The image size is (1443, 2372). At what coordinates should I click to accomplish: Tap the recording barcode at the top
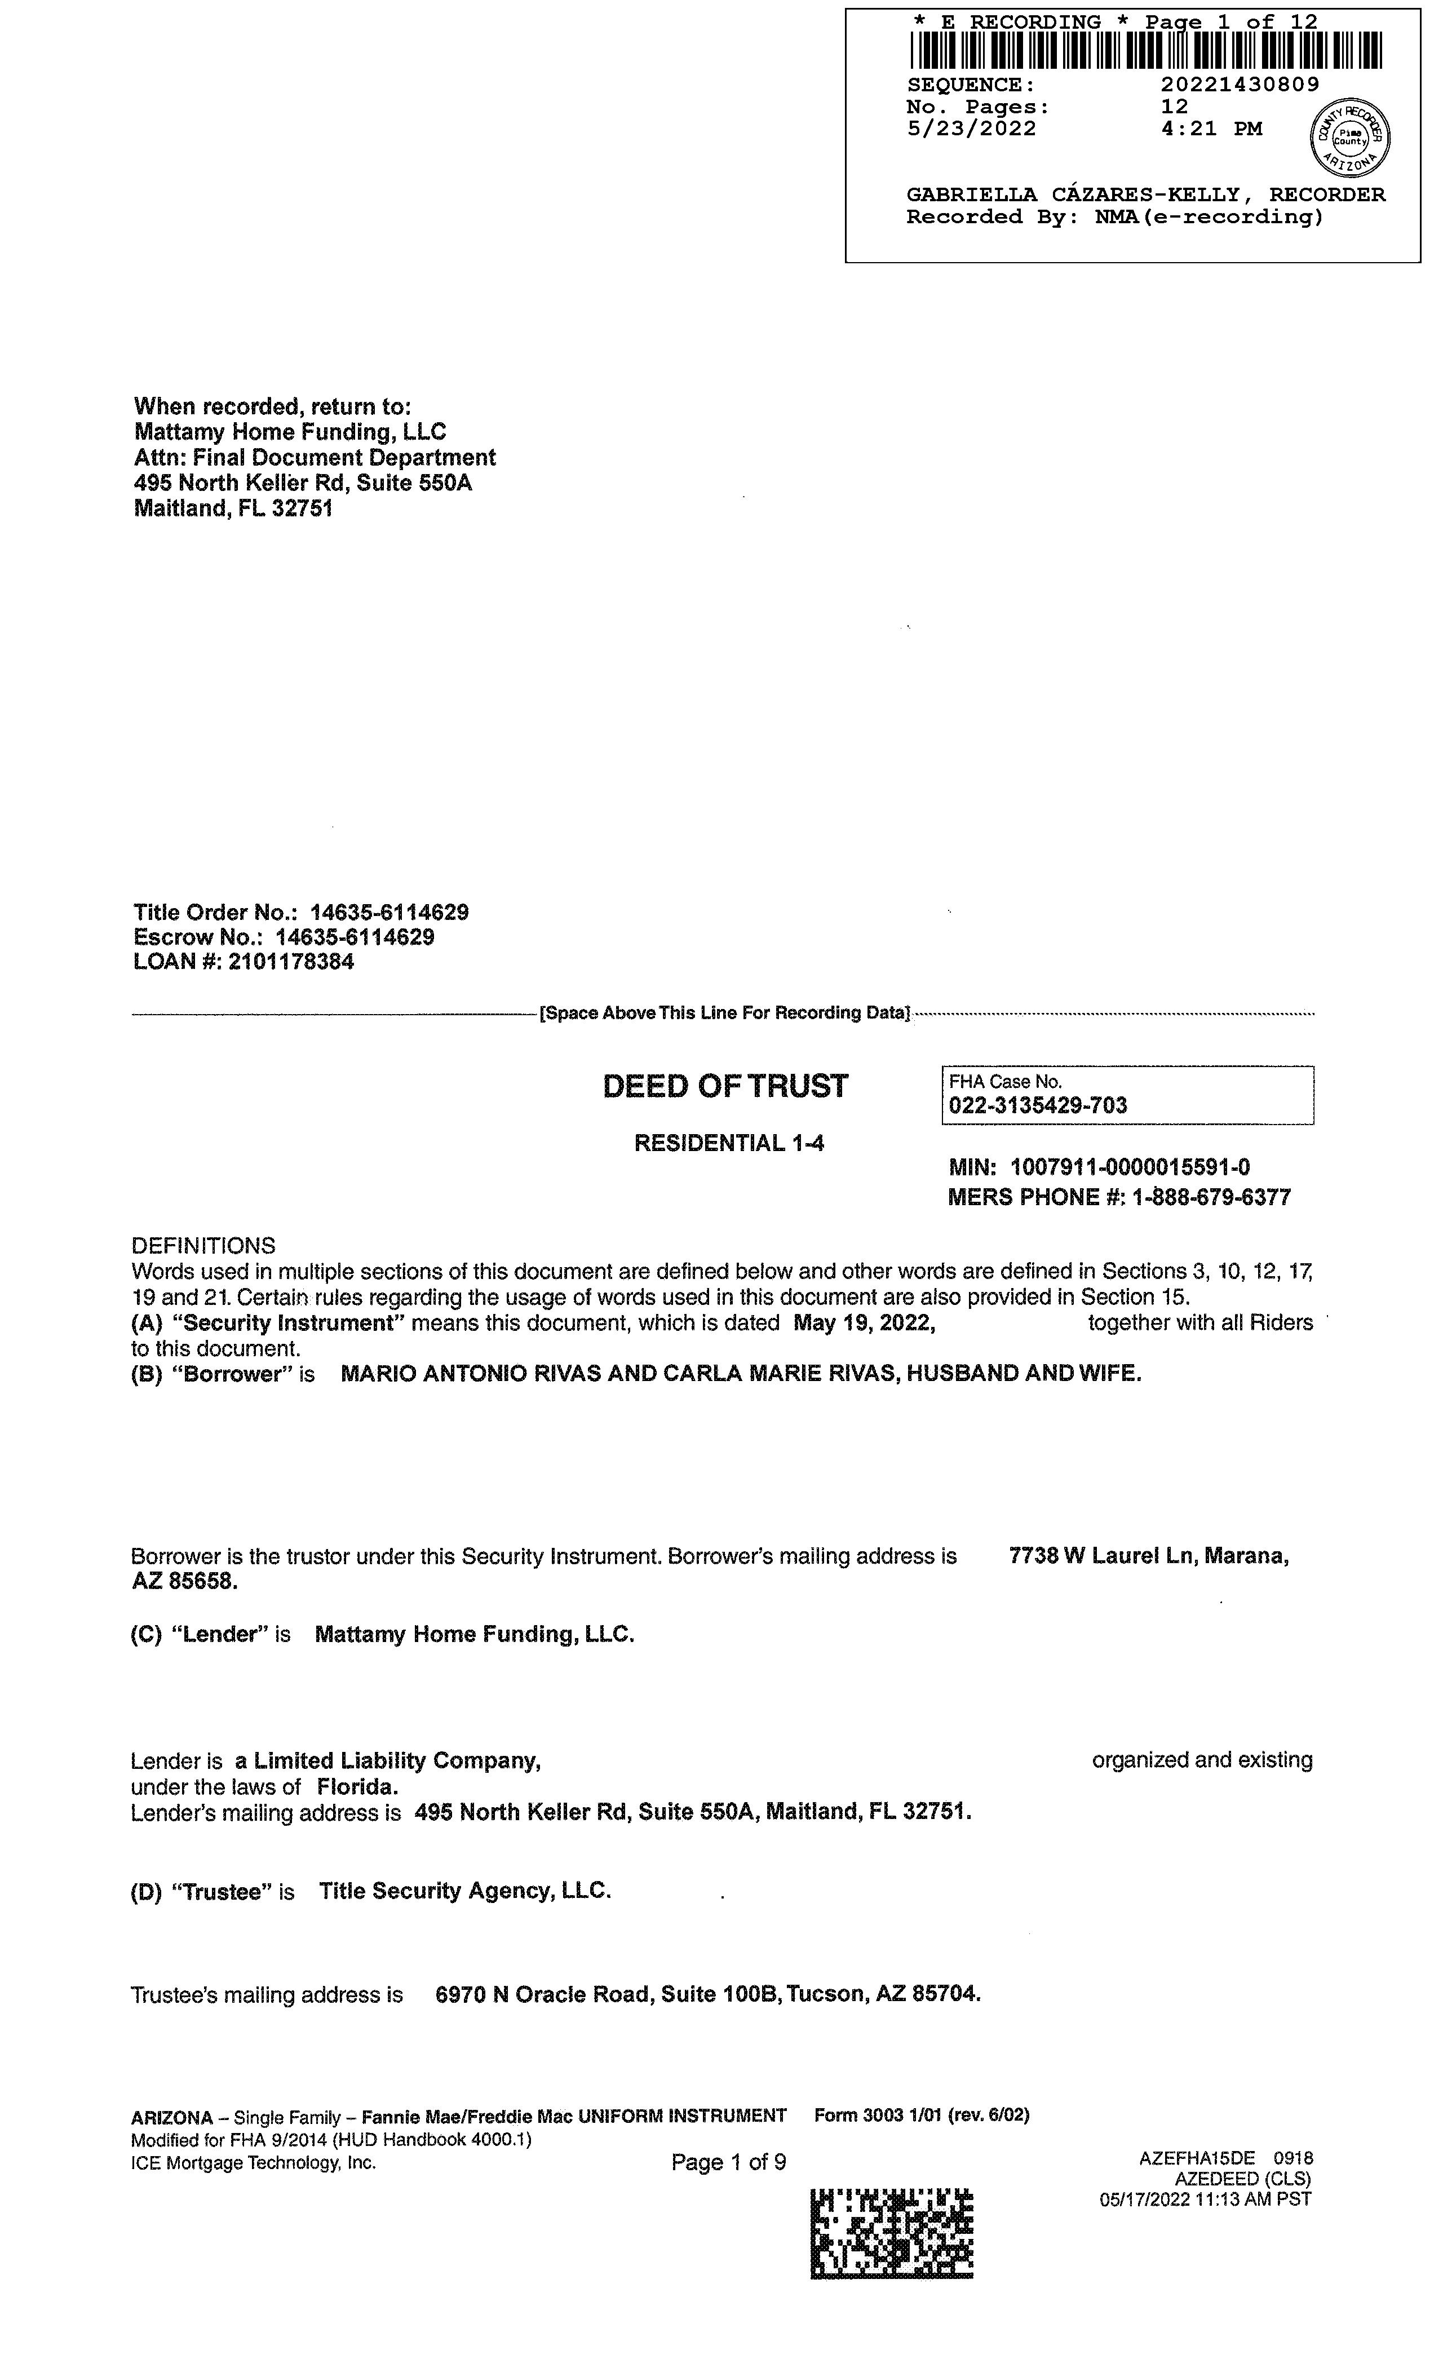1145,51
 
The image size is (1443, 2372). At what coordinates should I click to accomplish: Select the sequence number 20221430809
1240,85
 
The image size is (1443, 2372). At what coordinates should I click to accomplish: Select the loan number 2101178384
291,962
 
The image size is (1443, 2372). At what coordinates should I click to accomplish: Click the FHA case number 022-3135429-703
1038,1105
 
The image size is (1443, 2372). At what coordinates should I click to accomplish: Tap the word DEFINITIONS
203,1246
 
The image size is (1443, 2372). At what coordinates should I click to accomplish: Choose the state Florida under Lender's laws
357,1787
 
